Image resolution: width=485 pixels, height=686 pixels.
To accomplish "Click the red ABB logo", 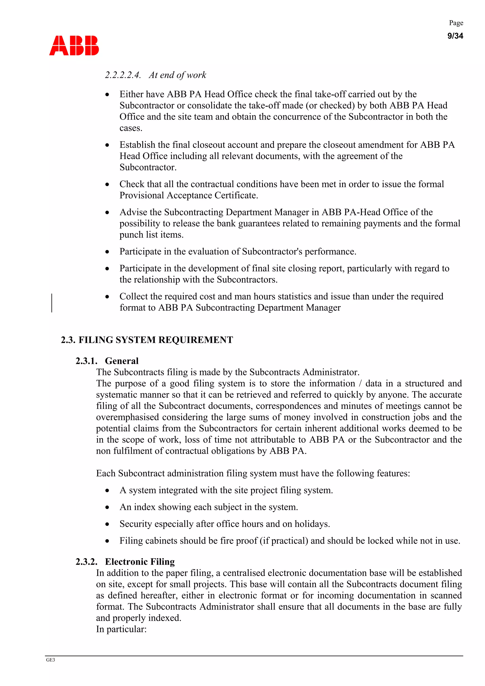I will (x=74, y=46).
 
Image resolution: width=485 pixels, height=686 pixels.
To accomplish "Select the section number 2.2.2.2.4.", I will (x=122, y=75).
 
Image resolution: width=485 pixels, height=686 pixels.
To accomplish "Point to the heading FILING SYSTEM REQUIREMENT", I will (x=155, y=340).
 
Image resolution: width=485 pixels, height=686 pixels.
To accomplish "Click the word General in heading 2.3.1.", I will (x=122, y=361).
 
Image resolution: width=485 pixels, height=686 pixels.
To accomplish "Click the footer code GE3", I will (x=50, y=660).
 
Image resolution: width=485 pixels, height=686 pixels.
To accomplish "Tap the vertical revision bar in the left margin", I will (x=52, y=303).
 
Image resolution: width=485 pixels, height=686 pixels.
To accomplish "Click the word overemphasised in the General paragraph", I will (x=127, y=417).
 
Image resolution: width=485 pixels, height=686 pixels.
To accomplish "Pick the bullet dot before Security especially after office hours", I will (x=107, y=524).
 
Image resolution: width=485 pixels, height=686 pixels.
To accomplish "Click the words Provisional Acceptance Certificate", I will (x=188, y=195).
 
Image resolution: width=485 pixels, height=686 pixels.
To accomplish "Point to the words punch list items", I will (x=151, y=235).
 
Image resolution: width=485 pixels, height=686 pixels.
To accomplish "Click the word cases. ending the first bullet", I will (x=131, y=128).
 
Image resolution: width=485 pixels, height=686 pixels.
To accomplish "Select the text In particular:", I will (x=121, y=629).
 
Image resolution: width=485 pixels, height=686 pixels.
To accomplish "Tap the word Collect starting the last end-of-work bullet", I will (x=134, y=296).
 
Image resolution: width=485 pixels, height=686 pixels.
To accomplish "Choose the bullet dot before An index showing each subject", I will (x=107, y=507).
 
